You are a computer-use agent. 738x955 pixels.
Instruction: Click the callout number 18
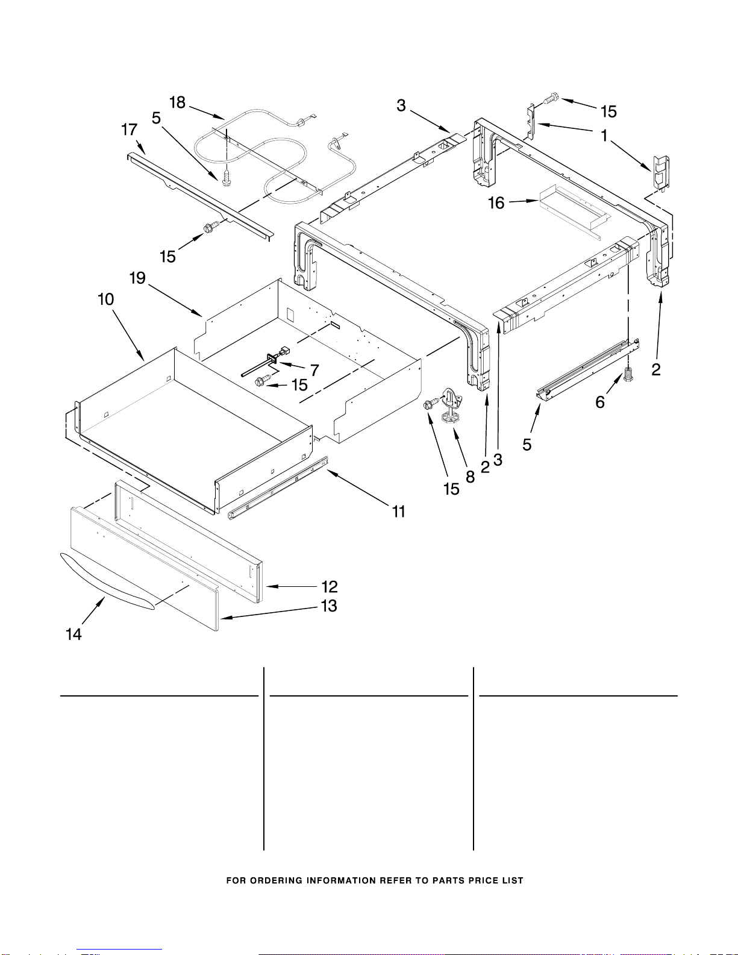coord(178,103)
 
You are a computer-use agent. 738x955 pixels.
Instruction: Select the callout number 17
coord(129,130)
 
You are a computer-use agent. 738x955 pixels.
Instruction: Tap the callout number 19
coord(137,278)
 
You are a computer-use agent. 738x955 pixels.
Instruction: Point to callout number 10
coord(106,299)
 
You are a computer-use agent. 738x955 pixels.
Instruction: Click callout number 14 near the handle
coord(73,634)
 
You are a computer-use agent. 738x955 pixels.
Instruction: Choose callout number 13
coord(329,606)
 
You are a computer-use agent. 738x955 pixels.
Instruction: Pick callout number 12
coord(329,587)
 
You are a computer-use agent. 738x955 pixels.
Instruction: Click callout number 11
coord(398,511)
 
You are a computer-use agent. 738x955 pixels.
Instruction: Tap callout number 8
coord(470,477)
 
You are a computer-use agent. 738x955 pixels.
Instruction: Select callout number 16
coord(496,203)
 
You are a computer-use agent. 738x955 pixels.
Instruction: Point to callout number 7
coord(314,371)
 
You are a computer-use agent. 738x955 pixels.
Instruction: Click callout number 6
coord(600,402)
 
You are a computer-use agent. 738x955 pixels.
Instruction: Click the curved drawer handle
coord(107,582)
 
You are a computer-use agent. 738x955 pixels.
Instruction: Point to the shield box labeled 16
coord(574,208)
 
